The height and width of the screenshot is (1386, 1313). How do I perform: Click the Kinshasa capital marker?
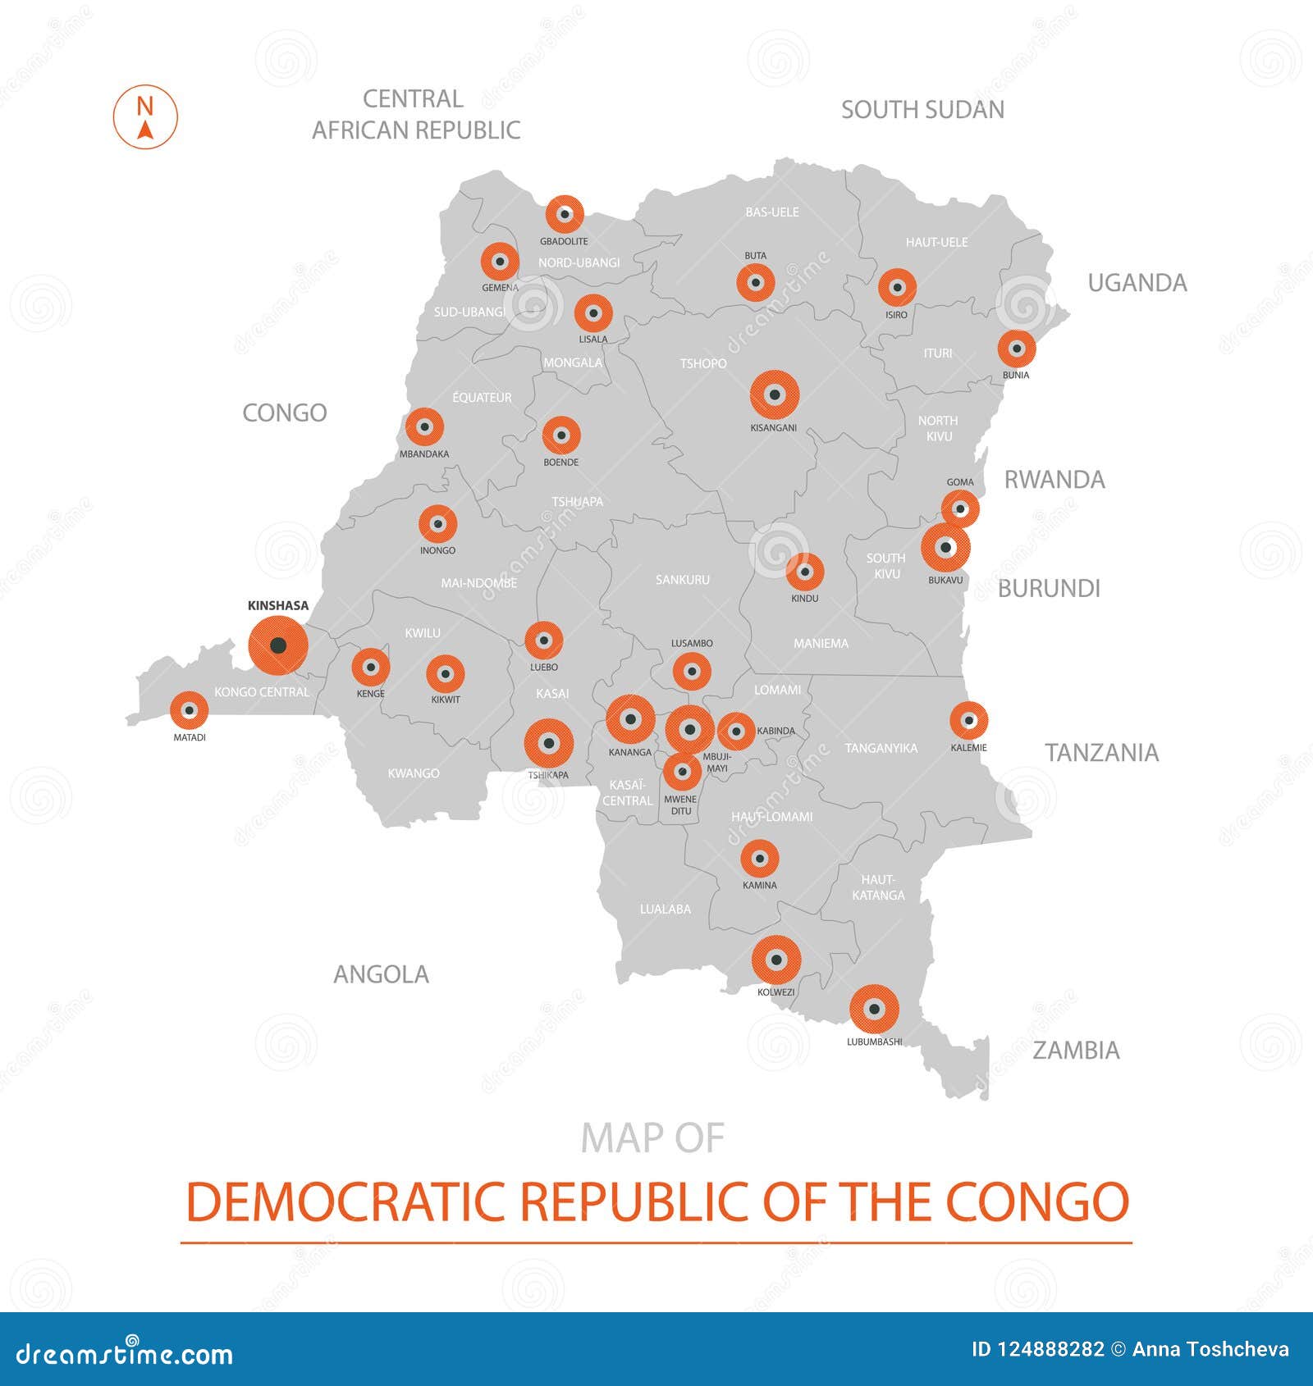click(278, 645)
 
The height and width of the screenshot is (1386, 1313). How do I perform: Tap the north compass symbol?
click(145, 117)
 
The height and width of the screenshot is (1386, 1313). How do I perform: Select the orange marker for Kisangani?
click(774, 394)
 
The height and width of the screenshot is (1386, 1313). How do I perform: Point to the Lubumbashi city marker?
click(874, 1009)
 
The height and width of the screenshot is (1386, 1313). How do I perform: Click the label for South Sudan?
click(922, 110)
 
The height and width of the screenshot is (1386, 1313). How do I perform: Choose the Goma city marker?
click(960, 508)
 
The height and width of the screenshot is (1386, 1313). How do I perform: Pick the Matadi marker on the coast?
click(190, 710)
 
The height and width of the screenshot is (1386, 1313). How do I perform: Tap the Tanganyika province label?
click(881, 748)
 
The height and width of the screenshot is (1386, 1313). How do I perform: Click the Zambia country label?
click(1075, 1051)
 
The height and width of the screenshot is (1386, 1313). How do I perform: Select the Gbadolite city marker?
click(565, 215)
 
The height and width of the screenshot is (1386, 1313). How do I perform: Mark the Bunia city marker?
click(1016, 349)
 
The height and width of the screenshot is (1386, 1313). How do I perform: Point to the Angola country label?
click(381, 974)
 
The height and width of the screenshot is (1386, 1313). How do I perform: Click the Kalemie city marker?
click(968, 721)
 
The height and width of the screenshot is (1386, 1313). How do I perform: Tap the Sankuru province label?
click(682, 580)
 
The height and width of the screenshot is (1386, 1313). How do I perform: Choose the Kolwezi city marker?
click(775, 960)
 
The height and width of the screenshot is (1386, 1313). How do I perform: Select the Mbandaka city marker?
click(424, 427)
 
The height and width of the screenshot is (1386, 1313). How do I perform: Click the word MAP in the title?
click(616, 1138)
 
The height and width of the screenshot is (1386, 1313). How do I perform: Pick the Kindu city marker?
click(804, 572)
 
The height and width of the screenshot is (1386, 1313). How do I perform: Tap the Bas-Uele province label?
click(771, 212)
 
